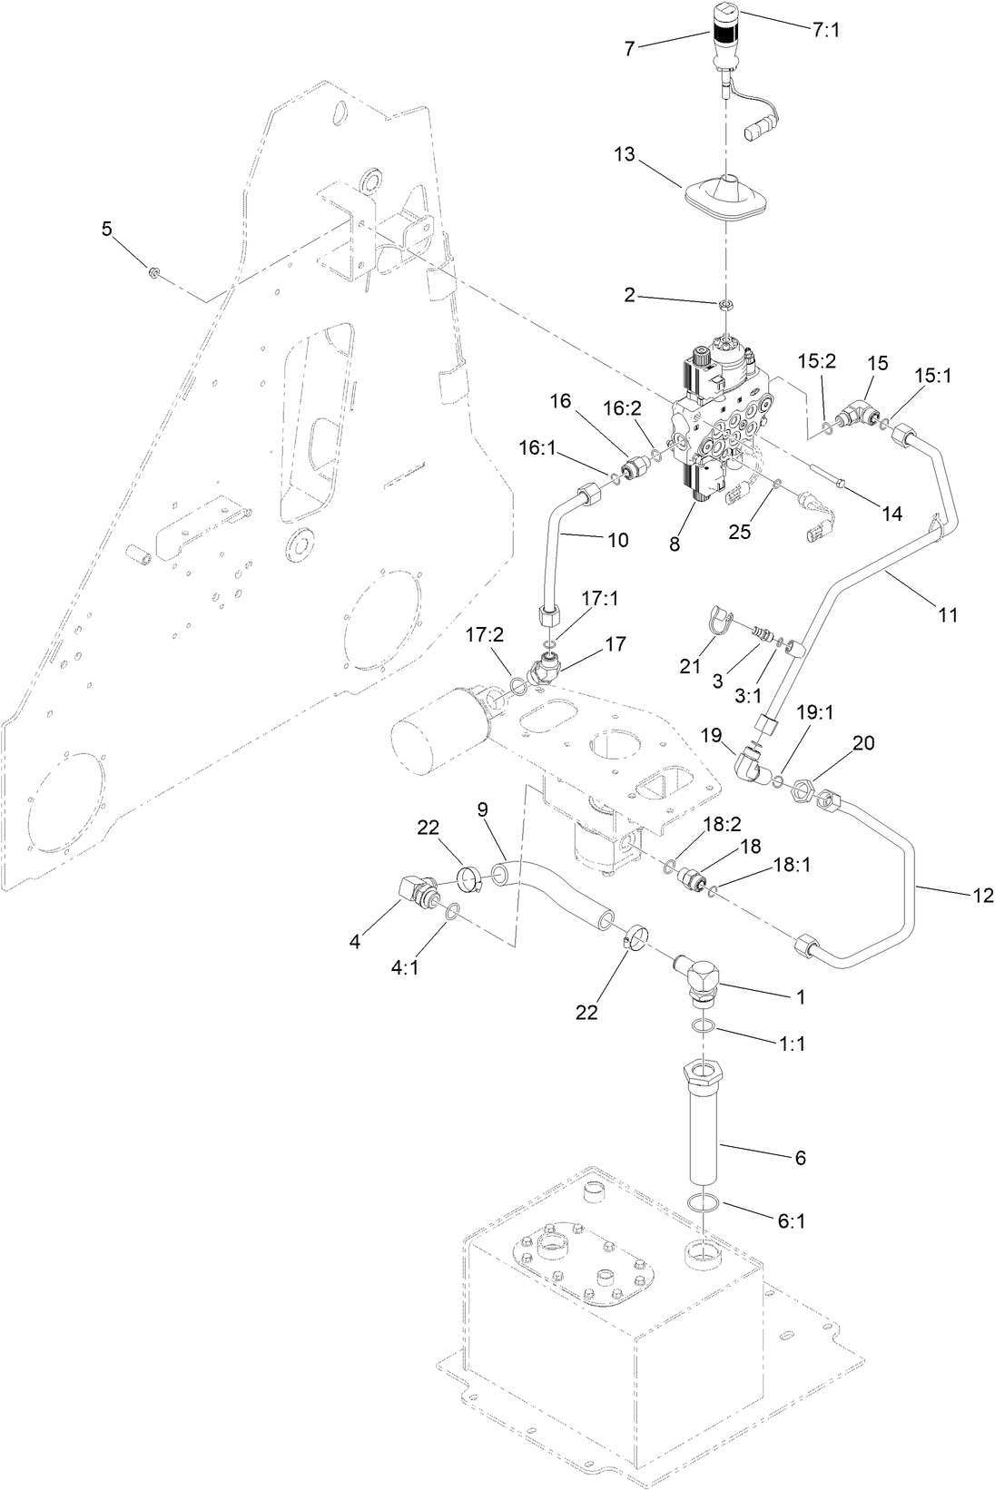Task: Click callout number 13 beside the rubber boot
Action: pos(625,155)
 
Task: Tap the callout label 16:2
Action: pos(624,409)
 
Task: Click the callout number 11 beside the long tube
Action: pos(947,614)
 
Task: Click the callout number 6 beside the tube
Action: pos(800,1157)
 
